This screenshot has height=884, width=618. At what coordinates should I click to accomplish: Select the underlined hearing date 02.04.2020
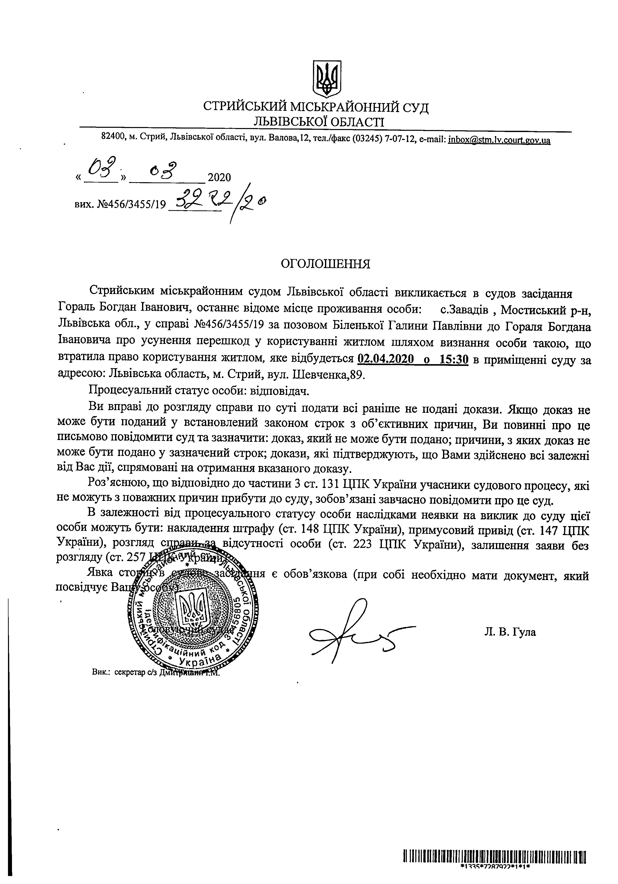coord(385,360)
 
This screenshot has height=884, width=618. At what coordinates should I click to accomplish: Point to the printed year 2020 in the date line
coord(219,177)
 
